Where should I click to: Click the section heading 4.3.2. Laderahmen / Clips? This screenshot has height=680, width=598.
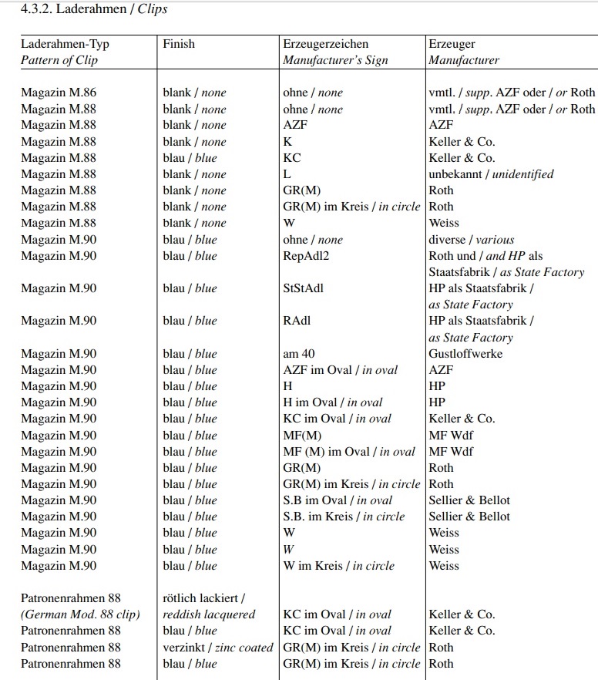[x=94, y=10]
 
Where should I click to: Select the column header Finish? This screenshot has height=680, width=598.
[x=179, y=44]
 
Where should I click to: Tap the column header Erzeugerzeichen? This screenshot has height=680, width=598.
[x=325, y=44]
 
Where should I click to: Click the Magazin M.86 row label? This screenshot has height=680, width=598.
[x=59, y=93]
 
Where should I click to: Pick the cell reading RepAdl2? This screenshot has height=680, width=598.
[x=306, y=256]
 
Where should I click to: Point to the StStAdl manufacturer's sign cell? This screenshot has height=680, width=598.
[x=304, y=288]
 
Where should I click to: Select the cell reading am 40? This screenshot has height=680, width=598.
[x=299, y=354]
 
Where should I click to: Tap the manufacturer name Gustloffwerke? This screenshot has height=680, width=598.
[x=465, y=354]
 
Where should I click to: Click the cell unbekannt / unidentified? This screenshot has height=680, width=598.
[x=491, y=174]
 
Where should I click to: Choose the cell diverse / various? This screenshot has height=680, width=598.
[x=471, y=240]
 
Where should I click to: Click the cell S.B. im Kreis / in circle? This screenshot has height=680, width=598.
[x=344, y=517]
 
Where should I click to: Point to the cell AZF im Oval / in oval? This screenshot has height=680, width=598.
[x=340, y=370]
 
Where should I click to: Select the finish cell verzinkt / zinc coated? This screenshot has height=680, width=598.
[x=218, y=648]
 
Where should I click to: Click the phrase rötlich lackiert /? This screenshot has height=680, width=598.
[x=204, y=598]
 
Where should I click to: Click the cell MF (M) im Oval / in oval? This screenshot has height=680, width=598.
[x=349, y=452]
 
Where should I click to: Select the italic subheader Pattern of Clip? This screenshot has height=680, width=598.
[x=59, y=60]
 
